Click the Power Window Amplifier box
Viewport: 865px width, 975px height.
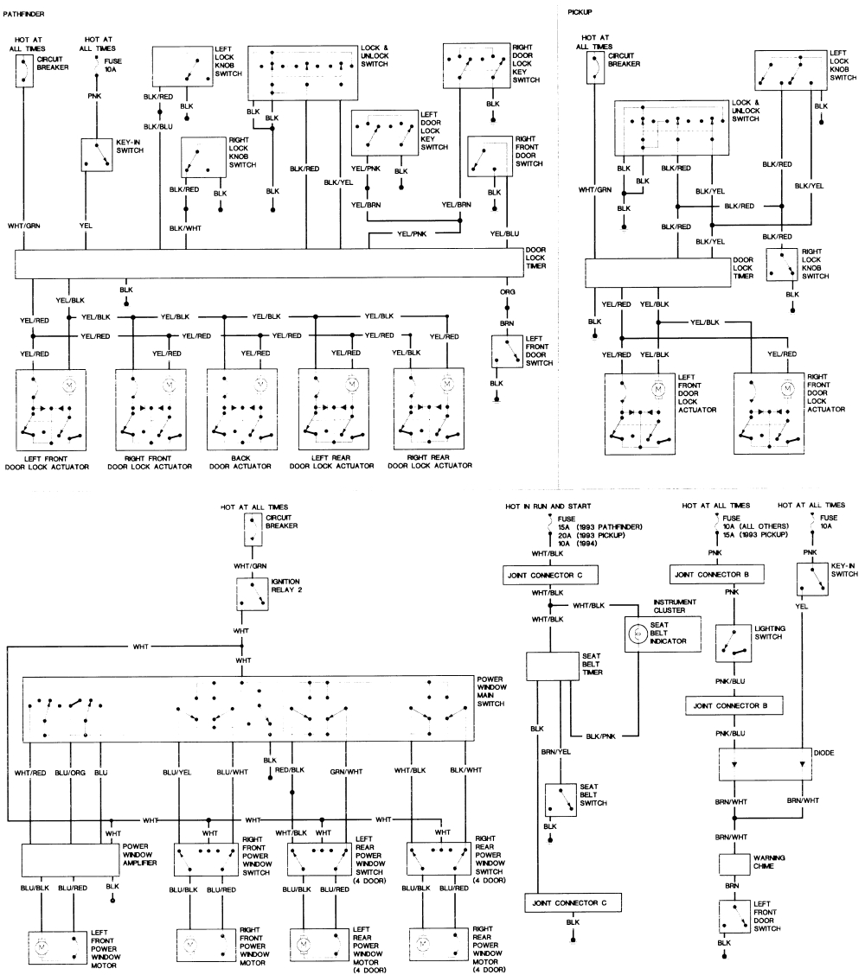point(69,859)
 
